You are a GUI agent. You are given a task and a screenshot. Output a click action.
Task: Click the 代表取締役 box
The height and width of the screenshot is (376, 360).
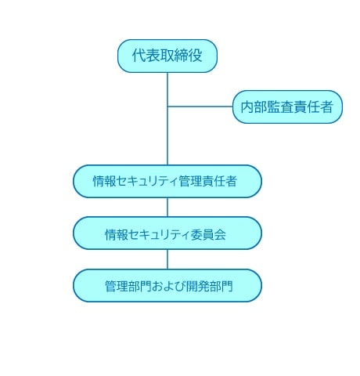tap(167, 56)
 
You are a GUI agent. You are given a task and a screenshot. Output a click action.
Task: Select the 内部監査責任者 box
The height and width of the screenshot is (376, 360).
tap(287, 107)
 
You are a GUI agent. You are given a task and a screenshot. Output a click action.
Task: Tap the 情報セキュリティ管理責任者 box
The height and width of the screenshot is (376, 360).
tap(167, 181)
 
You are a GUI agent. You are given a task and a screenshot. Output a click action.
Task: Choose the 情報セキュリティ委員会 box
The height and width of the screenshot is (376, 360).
tap(167, 233)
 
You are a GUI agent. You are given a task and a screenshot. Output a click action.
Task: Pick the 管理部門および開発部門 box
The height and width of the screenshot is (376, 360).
tap(167, 285)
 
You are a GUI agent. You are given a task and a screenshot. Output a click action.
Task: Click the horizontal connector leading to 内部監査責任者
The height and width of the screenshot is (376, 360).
tap(200, 107)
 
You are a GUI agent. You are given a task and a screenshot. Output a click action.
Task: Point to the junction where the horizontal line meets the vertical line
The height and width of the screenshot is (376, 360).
tap(167, 107)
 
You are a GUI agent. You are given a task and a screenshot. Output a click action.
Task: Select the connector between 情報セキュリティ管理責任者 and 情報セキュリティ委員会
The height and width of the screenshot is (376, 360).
tap(167, 207)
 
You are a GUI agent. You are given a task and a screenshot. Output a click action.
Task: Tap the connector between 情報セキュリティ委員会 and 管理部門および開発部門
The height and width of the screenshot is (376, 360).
tap(167, 259)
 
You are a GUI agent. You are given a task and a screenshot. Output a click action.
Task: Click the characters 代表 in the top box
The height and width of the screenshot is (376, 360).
tap(146, 56)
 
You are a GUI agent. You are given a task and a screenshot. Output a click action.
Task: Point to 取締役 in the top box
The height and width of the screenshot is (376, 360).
tap(181, 56)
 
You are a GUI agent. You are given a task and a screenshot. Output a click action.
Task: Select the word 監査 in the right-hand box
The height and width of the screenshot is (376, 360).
tap(280, 107)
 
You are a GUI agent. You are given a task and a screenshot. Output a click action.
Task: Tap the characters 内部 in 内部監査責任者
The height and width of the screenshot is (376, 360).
tap(254, 107)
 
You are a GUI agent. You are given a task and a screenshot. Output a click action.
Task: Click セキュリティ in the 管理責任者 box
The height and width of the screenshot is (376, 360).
tap(147, 181)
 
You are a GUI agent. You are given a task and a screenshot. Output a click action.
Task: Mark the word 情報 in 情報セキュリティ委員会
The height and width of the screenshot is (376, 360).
tap(117, 234)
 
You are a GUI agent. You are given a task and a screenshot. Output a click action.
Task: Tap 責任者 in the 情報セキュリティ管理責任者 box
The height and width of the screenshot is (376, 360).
tap(219, 181)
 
